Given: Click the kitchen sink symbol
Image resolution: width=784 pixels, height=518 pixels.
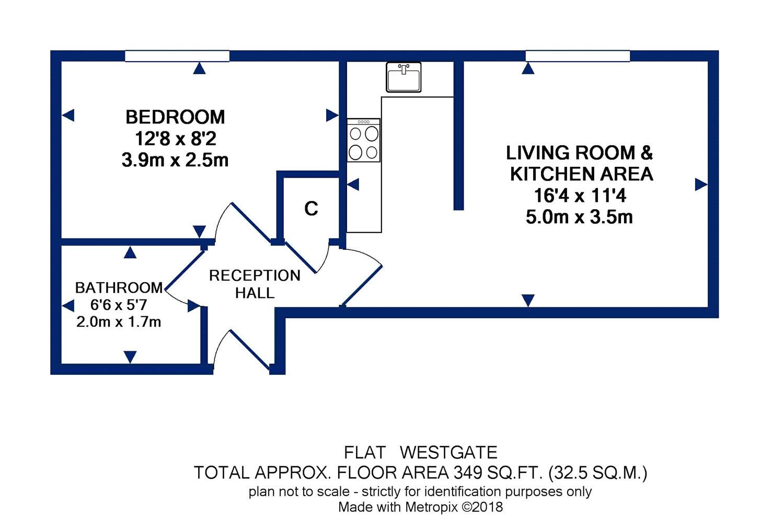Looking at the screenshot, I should click(x=403, y=77).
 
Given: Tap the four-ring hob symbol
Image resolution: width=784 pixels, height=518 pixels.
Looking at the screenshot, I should click(x=364, y=141).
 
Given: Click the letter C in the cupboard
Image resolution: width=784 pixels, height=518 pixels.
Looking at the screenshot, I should click(x=311, y=209).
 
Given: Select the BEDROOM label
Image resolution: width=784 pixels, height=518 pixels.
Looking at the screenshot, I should click(x=175, y=117).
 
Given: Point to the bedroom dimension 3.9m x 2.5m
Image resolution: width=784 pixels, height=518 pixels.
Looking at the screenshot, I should click(x=175, y=160).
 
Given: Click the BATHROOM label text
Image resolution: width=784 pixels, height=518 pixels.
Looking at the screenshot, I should click(x=119, y=287).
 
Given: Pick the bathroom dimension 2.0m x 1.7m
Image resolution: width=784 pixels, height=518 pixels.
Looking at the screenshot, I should click(x=119, y=322).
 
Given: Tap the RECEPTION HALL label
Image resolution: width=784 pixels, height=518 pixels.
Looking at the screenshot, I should click(x=255, y=284).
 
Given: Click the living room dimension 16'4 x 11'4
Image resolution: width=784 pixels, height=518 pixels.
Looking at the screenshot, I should click(x=580, y=195).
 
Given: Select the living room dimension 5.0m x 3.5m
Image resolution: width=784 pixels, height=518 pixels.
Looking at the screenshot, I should click(x=579, y=217).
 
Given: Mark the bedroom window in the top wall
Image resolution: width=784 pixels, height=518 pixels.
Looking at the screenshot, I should click(x=177, y=56).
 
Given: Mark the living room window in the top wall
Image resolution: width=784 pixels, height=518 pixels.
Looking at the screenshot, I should click(x=578, y=56).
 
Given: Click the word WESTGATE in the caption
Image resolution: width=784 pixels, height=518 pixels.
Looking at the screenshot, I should click(x=448, y=452).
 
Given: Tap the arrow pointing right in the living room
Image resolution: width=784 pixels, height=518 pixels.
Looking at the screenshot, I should click(x=701, y=185).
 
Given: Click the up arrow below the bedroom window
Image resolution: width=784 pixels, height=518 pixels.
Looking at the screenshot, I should click(x=199, y=68).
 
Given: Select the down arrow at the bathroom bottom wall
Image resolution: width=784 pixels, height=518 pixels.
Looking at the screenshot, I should click(x=130, y=356).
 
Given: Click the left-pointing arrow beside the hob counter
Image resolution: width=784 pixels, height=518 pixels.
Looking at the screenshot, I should click(x=353, y=185).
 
